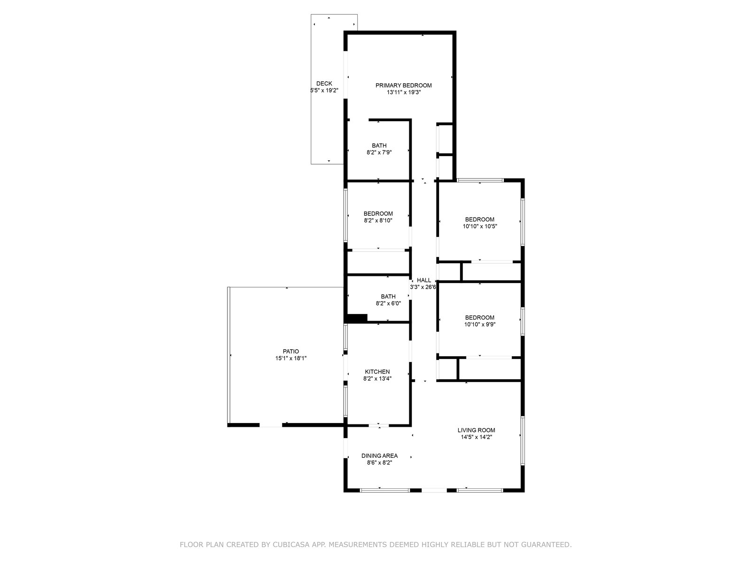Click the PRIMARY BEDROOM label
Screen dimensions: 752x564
click(x=403, y=85)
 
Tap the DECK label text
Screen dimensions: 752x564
click(x=324, y=84)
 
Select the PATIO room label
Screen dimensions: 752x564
click(x=290, y=352)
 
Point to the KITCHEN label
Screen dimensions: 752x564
click(x=377, y=372)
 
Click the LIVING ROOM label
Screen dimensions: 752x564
click(x=476, y=430)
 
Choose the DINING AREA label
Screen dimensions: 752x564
click(x=379, y=456)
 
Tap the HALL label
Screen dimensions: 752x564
click(x=424, y=280)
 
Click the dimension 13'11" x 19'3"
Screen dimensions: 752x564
click(x=404, y=92)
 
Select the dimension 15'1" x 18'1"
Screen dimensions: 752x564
click(x=290, y=358)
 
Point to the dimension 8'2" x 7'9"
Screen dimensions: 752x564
click(x=379, y=152)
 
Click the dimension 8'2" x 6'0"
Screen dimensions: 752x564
click(x=388, y=304)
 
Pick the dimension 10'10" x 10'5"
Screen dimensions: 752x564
click(x=480, y=227)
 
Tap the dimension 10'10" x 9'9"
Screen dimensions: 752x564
click(x=480, y=324)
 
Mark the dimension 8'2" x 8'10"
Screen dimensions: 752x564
click(x=378, y=220)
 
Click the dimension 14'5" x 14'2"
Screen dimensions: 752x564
click(x=476, y=437)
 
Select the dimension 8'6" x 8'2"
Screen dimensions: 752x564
click(x=379, y=462)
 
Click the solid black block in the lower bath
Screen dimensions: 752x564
click(x=357, y=318)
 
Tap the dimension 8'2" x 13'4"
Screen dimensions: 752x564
click(x=377, y=378)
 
